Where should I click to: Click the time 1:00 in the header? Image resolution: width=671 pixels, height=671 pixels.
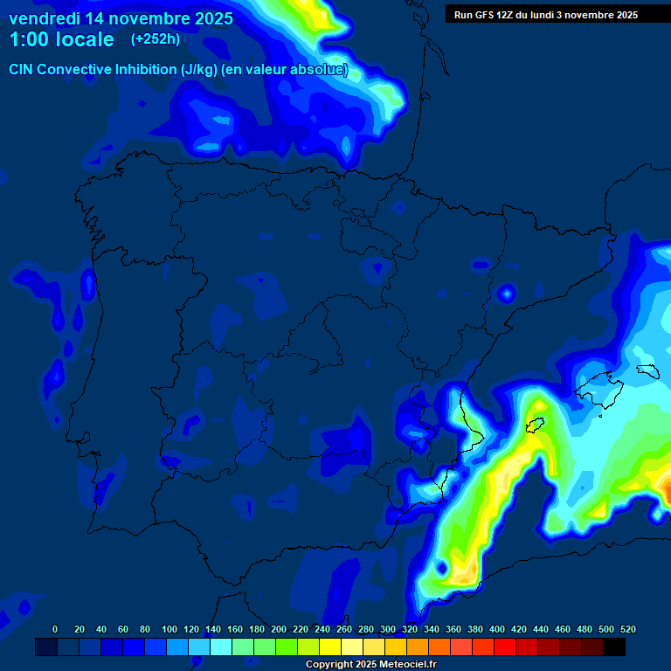tap(29, 40)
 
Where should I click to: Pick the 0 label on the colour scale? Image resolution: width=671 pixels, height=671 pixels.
tap(55, 630)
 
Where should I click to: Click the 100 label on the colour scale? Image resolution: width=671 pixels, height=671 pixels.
tap(169, 630)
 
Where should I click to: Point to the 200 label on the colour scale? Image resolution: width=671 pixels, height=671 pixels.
tap(279, 630)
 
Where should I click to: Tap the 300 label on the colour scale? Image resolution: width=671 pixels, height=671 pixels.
tap(388, 630)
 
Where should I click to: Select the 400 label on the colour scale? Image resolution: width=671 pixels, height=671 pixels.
tap(497, 630)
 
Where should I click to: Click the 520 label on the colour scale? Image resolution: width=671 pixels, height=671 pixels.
tap(628, 630)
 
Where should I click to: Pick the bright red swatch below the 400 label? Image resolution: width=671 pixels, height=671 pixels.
tap(505, 647)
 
